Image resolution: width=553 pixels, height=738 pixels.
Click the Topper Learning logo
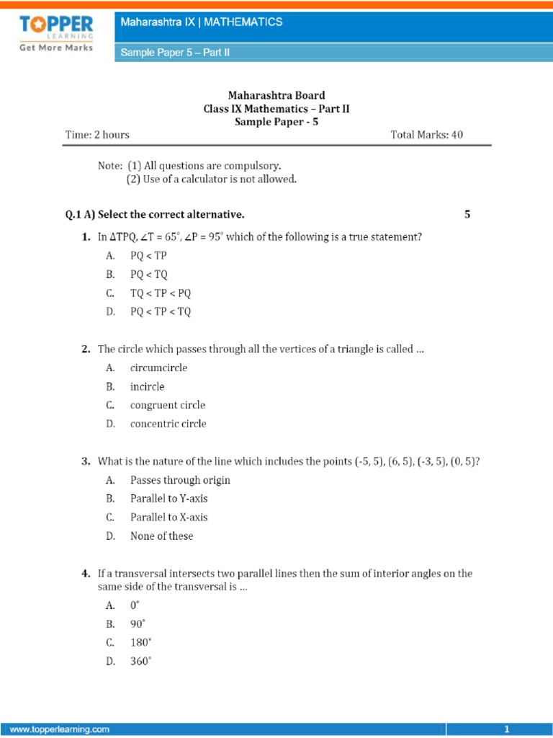pos(55,34)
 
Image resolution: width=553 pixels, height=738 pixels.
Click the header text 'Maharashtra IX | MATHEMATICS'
pos(201,22)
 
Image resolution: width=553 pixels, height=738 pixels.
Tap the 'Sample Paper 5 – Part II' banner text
pos(174,53)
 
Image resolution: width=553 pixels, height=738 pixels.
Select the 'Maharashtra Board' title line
pos(276,95)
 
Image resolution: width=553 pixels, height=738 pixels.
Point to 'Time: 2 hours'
pos(97,135)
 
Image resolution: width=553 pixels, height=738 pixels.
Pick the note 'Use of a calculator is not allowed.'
pos(212,179)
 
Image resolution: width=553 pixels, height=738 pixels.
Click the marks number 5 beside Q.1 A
pos(467,215)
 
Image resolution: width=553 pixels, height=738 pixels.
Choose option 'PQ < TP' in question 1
pos(148,256)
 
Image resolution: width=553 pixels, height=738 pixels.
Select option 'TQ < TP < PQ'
pos(161,293)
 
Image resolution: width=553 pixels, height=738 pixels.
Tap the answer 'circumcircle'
pos(158,368)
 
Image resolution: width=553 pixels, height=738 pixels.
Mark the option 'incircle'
pos(147,386)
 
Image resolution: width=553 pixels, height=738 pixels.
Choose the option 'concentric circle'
pos(168,424)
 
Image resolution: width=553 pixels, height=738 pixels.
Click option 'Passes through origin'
pos(180,480)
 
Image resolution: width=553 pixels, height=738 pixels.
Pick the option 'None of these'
pos(161,536)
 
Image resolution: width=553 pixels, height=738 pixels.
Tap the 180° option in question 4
pos(141,642)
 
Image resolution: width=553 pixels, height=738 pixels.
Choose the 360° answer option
pos(141,661)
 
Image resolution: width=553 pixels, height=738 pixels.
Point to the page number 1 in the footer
pos(507,729)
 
